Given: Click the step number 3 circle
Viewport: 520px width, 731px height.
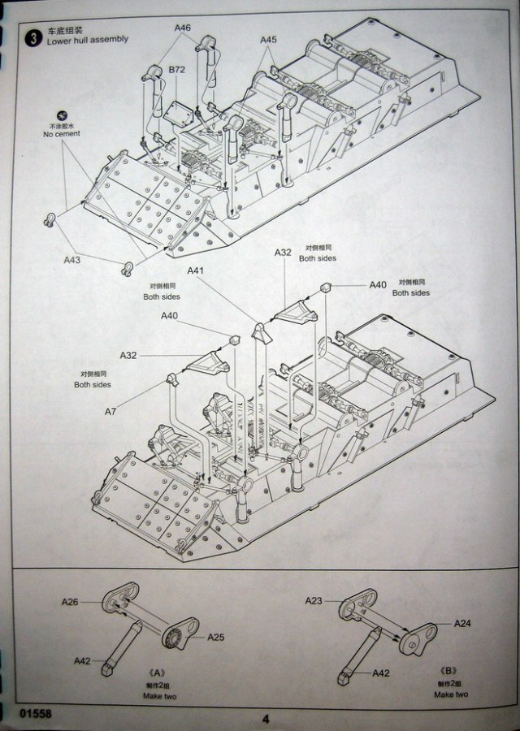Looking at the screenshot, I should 33,37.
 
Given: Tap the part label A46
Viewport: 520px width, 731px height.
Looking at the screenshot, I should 182,28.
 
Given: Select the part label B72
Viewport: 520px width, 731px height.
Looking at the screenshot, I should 177,71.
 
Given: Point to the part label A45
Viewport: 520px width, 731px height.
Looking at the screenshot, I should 269,39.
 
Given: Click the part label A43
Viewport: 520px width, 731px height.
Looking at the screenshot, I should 72,260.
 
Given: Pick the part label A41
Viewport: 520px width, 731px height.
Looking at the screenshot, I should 196,270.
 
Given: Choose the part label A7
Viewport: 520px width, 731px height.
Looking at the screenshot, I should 110,412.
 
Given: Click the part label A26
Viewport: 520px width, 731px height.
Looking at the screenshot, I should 70,602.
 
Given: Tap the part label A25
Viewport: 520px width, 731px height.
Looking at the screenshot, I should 214,637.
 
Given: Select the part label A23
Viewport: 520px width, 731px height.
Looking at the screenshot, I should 314,601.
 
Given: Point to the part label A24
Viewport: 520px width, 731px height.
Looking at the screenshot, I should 462,624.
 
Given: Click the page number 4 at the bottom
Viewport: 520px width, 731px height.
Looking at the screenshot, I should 265,718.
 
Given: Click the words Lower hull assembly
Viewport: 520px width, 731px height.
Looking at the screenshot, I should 89,39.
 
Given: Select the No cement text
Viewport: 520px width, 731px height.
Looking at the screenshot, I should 63,135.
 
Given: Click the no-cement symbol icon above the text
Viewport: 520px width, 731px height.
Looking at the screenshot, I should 63,115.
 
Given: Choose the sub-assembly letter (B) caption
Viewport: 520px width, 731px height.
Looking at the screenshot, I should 447,671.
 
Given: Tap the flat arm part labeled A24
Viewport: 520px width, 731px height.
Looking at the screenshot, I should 422,635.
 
